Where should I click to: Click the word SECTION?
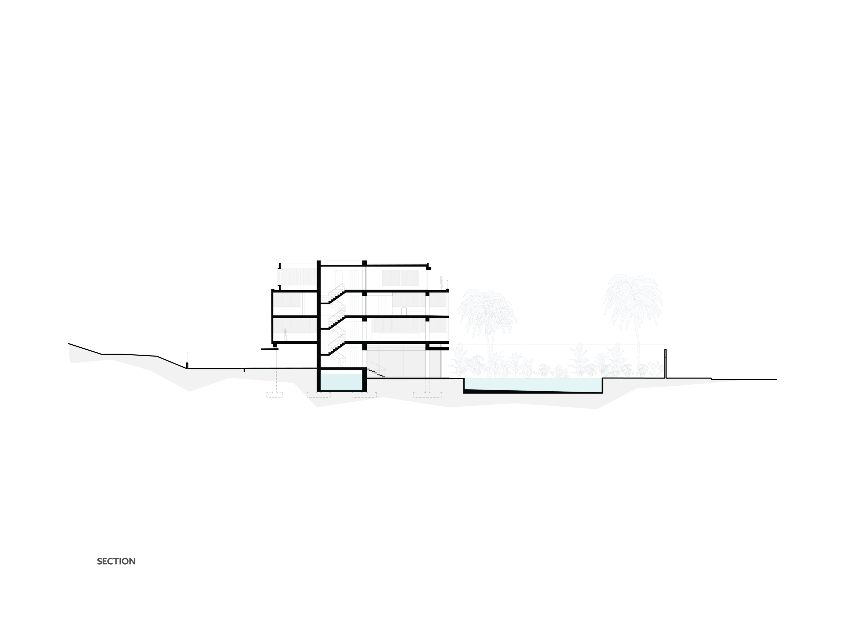[116, 561]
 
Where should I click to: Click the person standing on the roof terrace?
[441, 282]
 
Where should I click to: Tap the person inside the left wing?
[285, 335]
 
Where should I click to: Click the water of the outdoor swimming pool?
[533, 384]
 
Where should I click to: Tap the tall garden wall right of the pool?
[665, 364]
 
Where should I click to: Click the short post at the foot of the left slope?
[187, 365]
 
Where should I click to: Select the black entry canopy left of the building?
[269, 349]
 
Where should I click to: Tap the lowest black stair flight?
[337, 348]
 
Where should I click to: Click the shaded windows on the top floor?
[400, 278]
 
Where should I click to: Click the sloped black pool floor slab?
[533, 391]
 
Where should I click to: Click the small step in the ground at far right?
[711, 379]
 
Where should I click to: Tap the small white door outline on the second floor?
[404, 311]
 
